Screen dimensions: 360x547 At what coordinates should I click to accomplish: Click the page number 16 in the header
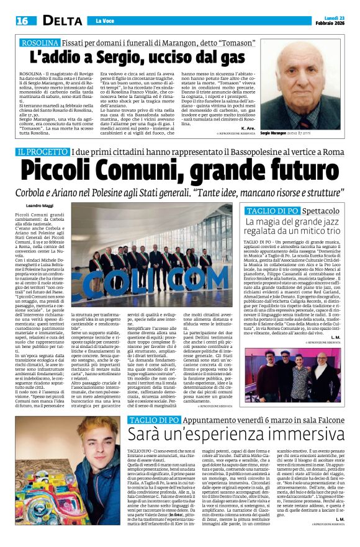(x=22, y=21)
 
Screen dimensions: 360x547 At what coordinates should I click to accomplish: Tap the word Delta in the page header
(x=55, y=21)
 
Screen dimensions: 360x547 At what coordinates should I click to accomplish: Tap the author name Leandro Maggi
(x=40, y=205)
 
